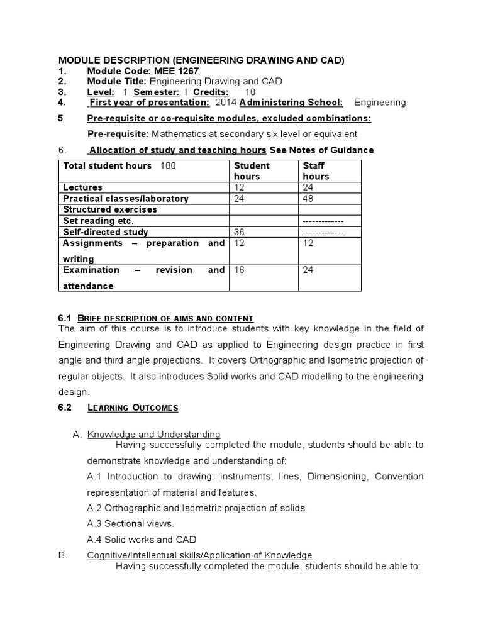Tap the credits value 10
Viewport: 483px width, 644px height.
[x=250, y=92]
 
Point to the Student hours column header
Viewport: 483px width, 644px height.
[x=252, y=171]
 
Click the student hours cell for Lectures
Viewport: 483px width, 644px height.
[x=239, y=187]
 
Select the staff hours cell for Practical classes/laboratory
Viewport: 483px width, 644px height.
[x=309, y=199]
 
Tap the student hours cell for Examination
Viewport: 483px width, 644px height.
[x=239, y=270]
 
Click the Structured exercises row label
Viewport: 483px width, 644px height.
[x=110, y=209]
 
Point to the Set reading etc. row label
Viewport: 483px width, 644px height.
[x=99, y=221]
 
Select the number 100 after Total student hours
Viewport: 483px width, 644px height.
[x=169, y=165]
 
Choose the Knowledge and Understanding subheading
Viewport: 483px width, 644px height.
[x=154, y=434]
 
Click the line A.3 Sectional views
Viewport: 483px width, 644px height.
[x=130, y=523]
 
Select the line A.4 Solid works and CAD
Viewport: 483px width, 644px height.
[x=142, y=540]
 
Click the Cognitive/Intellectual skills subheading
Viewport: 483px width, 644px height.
[x=199, y=555]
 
